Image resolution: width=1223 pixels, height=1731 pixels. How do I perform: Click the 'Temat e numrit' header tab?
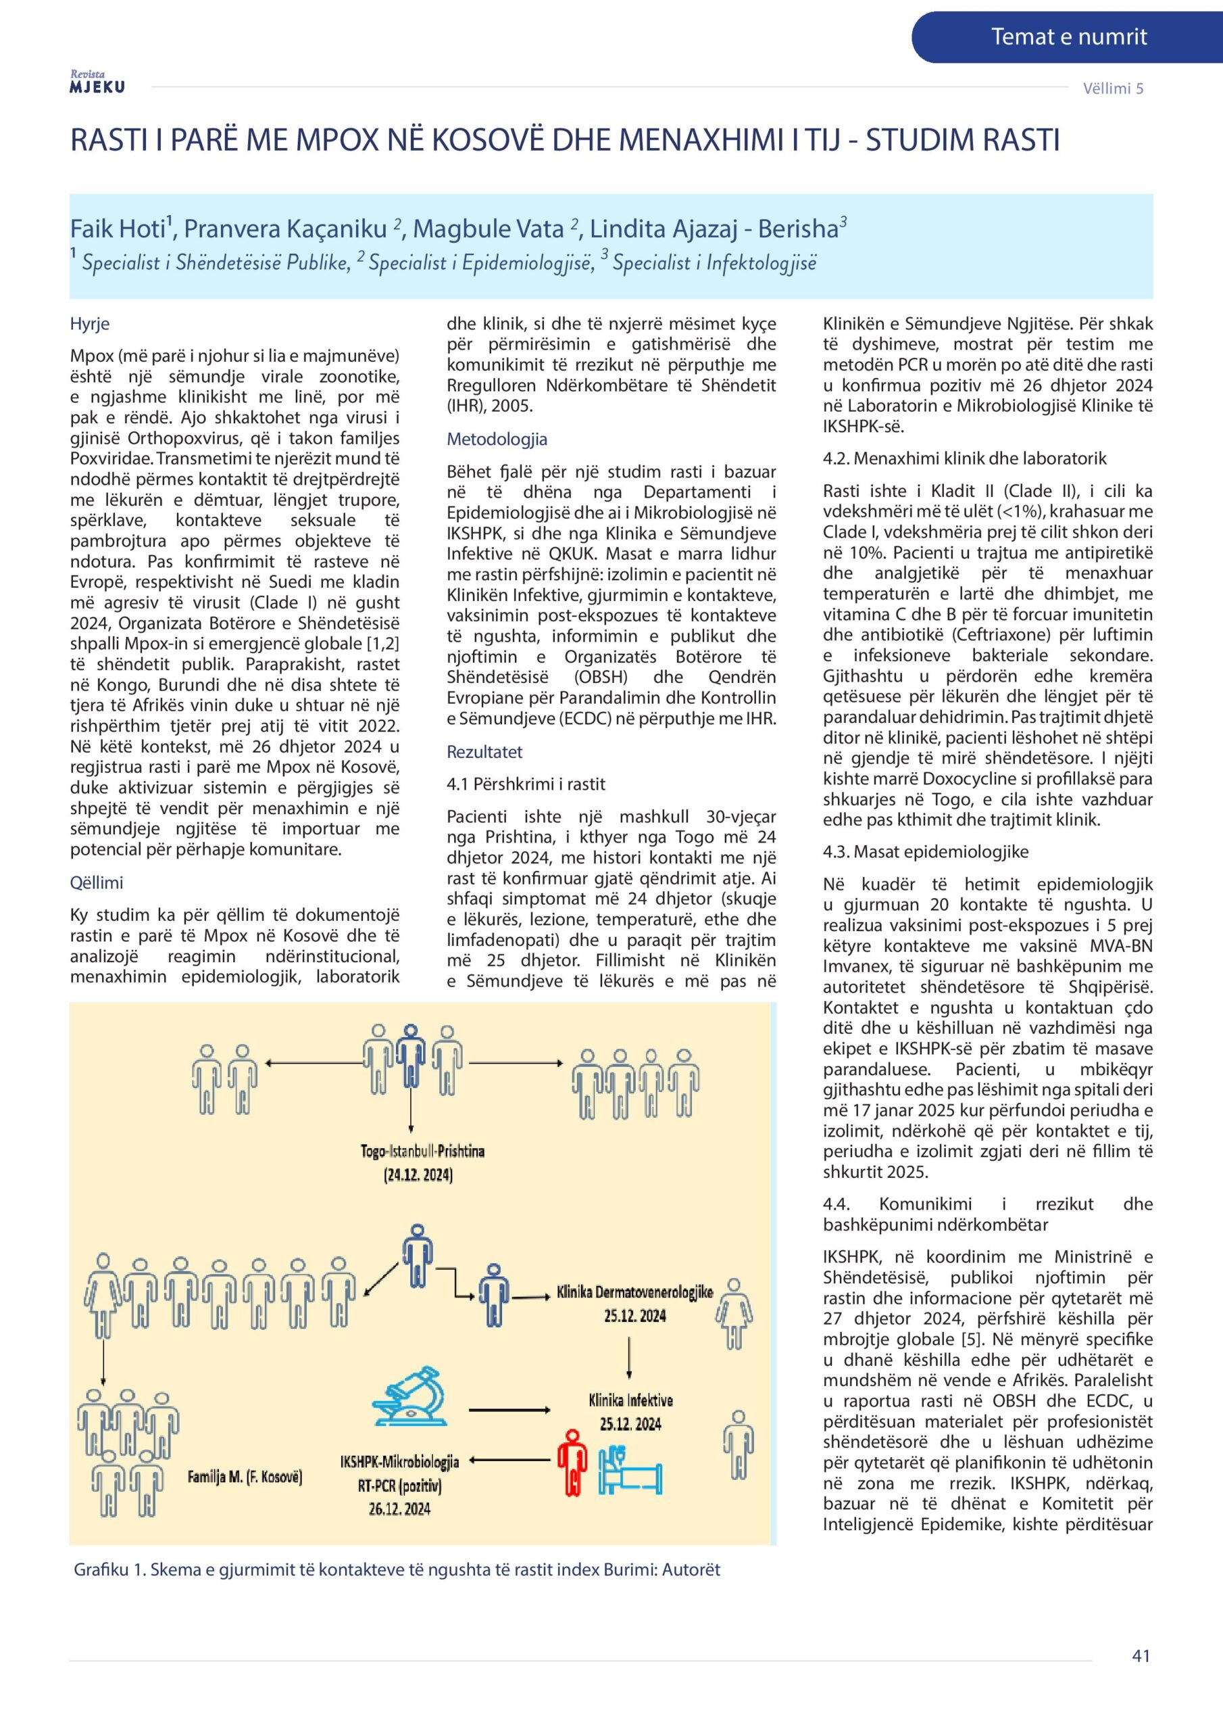click(x=1068, y=37)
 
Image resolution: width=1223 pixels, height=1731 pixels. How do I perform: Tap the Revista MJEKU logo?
click(x=97, y=82)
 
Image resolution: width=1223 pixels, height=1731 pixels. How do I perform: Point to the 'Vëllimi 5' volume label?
click(x=1113, y=88)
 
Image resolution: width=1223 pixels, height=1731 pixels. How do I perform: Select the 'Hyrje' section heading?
click(x=90, y=323)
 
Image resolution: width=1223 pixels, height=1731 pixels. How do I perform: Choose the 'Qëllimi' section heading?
click(x=97, y=882)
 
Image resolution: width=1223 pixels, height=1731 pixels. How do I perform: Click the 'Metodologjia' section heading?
click(x=497, y=439)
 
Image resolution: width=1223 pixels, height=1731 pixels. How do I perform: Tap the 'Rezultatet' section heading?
click(x=484, y=752)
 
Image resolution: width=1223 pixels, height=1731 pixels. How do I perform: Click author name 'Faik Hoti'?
click(x=118, y=229)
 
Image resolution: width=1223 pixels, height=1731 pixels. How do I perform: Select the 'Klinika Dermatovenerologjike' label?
click(x=634, y=1292)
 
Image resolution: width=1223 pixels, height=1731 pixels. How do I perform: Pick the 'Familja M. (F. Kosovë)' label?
click(x=245, y=1476)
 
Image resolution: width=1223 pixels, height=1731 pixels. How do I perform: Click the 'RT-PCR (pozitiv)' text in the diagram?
click(x=399, y=1486)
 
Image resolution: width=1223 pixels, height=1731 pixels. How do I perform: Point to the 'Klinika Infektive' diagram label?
click(x=630, y=1400)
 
